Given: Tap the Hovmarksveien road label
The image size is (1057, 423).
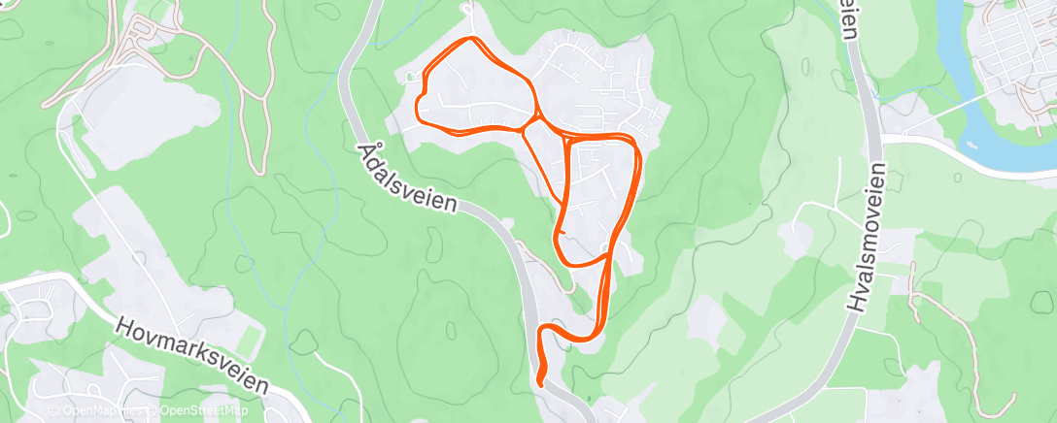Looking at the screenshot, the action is pyautogui.click(x=190, y=355).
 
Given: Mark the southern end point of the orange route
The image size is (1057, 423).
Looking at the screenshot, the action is pyautogui.click(x=539, y=388).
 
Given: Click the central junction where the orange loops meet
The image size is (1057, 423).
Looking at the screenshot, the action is pyautogui.click(x=530, y=123).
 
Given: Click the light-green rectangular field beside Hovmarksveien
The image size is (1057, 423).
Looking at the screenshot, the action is pyautogui.click(x=250, y=334).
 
